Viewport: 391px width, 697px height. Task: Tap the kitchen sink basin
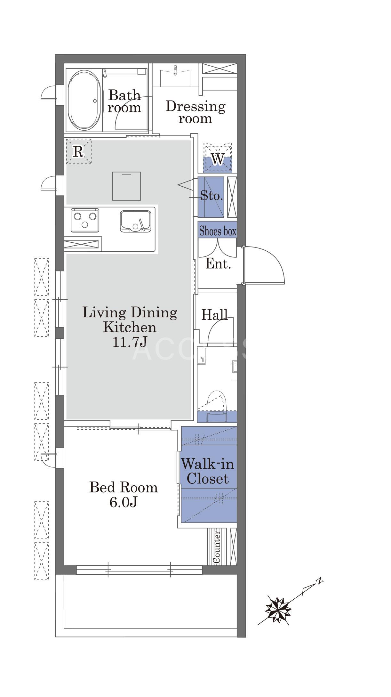136,221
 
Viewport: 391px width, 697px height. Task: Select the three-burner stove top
85,220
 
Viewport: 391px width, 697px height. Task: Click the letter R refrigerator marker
78,151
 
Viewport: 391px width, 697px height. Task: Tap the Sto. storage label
211,195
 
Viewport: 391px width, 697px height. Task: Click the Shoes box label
218,231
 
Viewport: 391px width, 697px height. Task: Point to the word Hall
215,315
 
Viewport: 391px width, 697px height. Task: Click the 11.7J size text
130,342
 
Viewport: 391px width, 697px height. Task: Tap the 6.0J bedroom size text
124,502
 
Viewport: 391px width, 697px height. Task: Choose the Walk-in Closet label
208,471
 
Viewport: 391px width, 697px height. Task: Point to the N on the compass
319,580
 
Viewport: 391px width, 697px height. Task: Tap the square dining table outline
126,186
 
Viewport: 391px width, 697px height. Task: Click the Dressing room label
195,112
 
